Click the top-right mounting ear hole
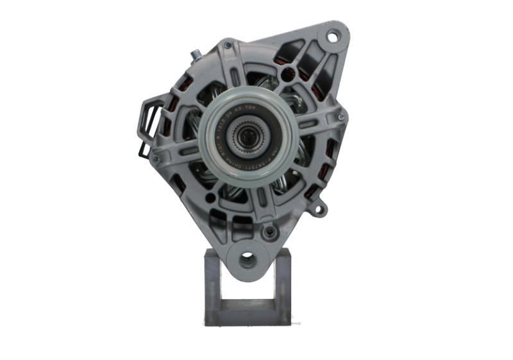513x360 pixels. click(x=332, y=37)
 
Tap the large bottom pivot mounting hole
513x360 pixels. click(x=248, y=259)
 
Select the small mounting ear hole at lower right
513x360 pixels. click(x=319, y=208)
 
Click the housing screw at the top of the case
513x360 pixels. click(x=228, y=46)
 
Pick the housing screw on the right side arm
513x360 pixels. click(x=341, y=117)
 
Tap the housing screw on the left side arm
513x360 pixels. click(x=155, y=159)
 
